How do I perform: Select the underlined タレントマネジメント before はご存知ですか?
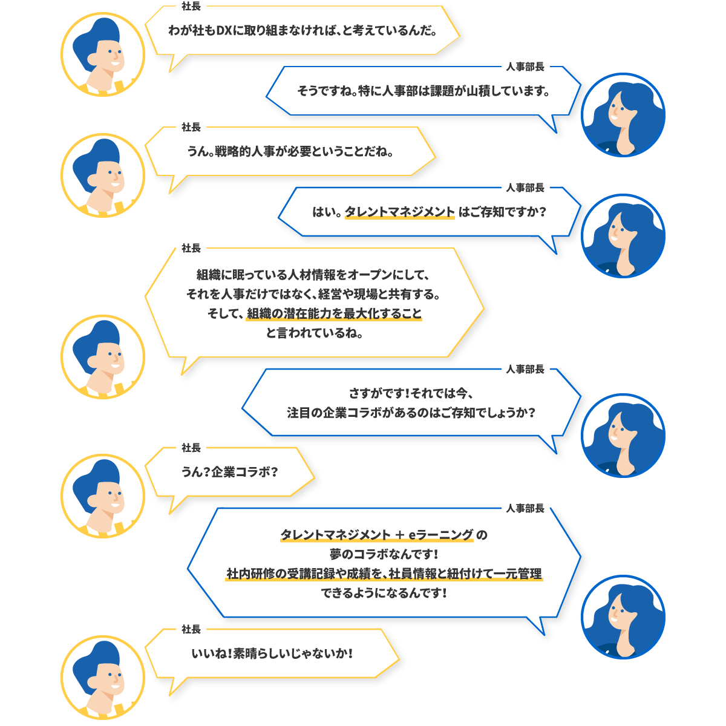click(399, 212)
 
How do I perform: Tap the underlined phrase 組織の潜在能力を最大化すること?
click(334, 314)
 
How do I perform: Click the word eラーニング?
click(441, 535)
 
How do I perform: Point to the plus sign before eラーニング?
click(400, 535)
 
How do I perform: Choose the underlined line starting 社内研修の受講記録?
click(384, 574)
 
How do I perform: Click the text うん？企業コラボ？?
click(230, 472)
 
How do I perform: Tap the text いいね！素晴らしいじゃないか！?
click(272, 654)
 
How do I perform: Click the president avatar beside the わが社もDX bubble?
click(103, 54)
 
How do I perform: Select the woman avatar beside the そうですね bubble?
click(623, 115)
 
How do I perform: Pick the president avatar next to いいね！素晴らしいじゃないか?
click(103, 678)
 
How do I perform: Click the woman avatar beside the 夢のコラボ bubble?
click(623, 617)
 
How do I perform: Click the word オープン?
click(370, 275)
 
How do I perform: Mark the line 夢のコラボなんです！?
click(384, 554)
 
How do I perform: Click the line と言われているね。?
click(315, 333)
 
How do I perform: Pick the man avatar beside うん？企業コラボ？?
click(103, 496)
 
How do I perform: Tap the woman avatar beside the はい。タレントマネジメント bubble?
click(623, 236)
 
